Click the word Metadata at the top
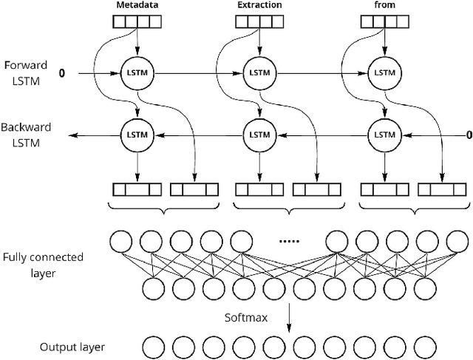pyautogui.click(x=136, y=5)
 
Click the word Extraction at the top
pyautogui.click(x=259, y=5)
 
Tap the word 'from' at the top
pyautogui.click(x=384, y=5)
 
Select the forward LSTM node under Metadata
pyautogui.click(x=136, y=73)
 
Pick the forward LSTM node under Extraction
pyautogui.click(x=259, y=73)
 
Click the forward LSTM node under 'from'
pyautogui.click(x=384, y=73)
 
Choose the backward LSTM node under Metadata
pyautogui.click(x=136, y=135)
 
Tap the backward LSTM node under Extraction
pyautogui.click(x=259, y=135)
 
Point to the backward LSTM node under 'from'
pyautogui.click(x=384, y=135)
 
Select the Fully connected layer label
pyautogui.click(x=43, y=265)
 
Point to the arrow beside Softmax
pyautogui.click(x=288, y=316)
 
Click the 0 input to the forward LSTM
pyautogui.click(x=62, y=73)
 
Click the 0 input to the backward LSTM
pyautogui.click(x=467, y=135)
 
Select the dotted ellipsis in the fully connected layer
pyautogui.click(x=287, y=240)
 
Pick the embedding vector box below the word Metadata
pyautogui.click(x=136, y=21)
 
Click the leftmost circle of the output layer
pyautogui.click(x=152, y=347)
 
